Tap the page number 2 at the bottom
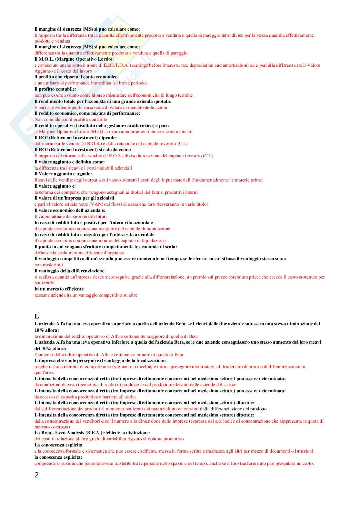coord(36,475)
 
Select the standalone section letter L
coord(36,316)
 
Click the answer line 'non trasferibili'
coord(49,265)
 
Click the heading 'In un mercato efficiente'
coord(59,289)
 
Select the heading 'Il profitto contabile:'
coord(55,89)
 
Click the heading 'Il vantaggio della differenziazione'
coord(69,271)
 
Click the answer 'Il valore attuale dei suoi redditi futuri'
coord(70,216)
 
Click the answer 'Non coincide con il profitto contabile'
coord(71,119)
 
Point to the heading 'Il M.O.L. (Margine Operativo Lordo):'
coord(74,59)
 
